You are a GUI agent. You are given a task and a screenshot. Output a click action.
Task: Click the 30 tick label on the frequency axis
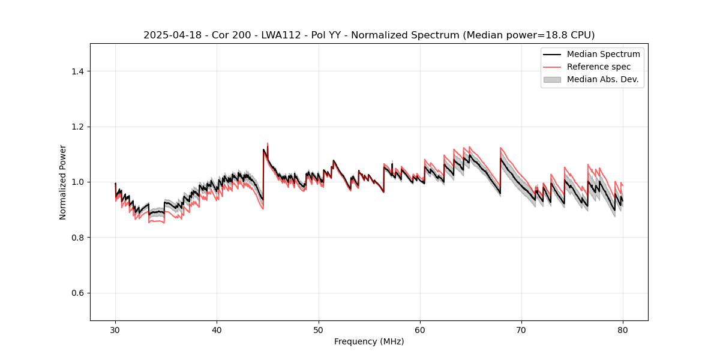coord(115,330)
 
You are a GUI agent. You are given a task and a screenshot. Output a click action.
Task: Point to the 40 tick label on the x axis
coord(217,330)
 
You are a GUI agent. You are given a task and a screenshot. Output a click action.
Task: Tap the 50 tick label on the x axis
coord(319,330)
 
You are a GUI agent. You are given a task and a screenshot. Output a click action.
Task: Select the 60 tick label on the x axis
coord(420,330)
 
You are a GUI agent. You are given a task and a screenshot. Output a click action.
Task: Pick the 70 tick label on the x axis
coord(521,330)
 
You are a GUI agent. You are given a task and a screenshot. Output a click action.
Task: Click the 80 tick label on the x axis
coord(623,330)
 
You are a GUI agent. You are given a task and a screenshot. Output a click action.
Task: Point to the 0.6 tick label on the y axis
coord(77,293)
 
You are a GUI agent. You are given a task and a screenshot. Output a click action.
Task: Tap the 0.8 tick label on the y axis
coord(77,238)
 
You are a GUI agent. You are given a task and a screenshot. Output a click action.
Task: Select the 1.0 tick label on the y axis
coord(77,182)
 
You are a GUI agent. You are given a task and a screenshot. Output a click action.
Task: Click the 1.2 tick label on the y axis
coord(77,127)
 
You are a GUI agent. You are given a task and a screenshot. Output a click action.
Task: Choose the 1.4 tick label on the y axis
coord(77,71)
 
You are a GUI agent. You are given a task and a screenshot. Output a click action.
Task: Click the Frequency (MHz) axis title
coord(369,341)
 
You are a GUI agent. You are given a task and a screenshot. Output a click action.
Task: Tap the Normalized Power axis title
coord(63,182)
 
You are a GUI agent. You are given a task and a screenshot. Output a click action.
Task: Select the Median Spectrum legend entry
coord(603,54)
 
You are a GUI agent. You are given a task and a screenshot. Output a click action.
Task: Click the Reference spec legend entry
coord(598,67)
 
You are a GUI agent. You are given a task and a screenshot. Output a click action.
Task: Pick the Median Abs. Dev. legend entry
coord(602,79)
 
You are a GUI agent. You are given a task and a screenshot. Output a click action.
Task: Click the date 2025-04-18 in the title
coord(169,35)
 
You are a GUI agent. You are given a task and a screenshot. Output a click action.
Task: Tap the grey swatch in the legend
coord(552,79)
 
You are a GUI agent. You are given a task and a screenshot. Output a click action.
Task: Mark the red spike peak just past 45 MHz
coord(267,143)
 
